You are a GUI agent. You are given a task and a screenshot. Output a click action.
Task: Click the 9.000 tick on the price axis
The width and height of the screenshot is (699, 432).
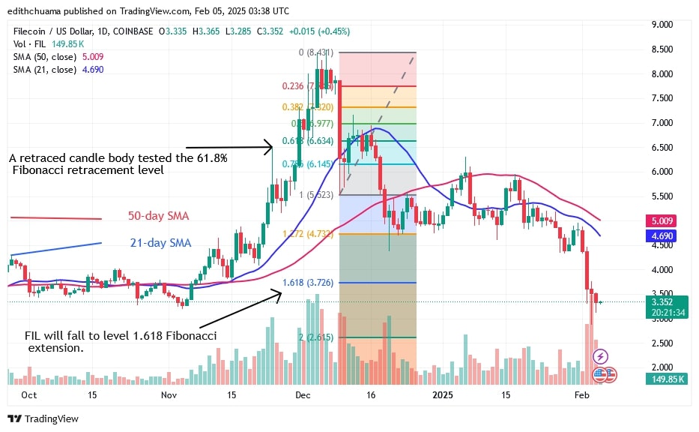point(662,25)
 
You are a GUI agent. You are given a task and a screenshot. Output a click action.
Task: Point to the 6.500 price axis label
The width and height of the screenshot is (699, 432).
point(662,147)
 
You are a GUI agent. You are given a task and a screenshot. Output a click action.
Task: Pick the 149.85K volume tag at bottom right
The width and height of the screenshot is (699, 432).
point(665,379)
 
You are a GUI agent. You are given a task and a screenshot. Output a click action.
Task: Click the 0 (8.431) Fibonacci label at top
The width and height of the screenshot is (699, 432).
point(314,52)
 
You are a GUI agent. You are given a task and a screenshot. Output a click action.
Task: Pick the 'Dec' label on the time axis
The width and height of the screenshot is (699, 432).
point(303,394)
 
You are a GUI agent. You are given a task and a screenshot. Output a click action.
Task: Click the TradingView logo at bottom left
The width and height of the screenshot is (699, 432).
point(43,418)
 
